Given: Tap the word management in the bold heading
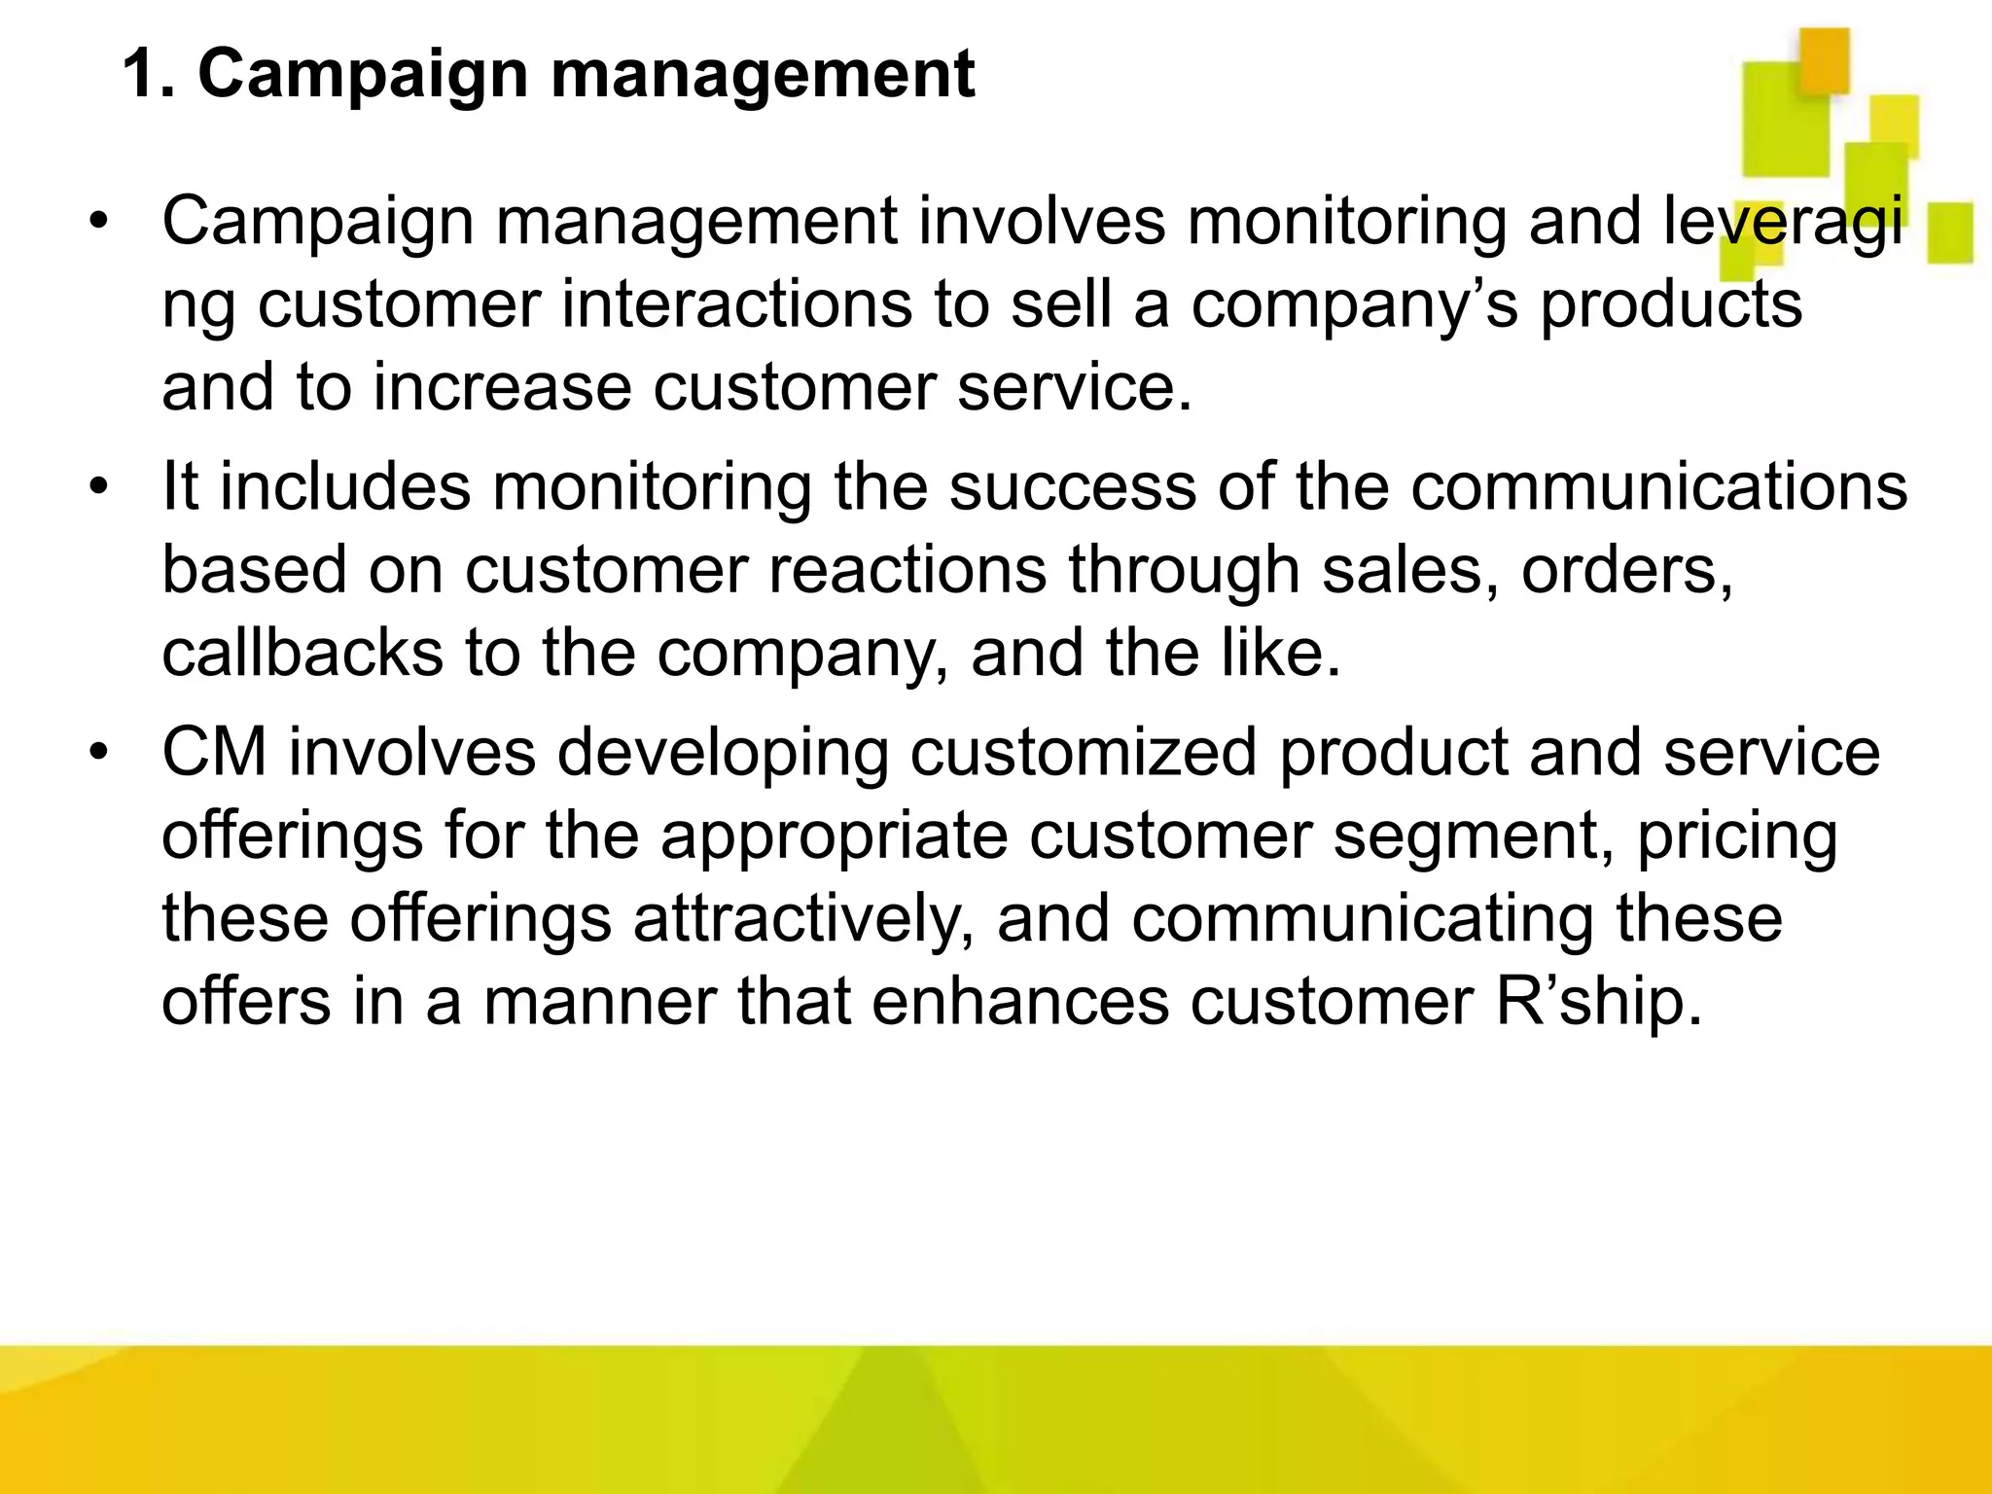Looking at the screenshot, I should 763,76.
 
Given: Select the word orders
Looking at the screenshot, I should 1626,572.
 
